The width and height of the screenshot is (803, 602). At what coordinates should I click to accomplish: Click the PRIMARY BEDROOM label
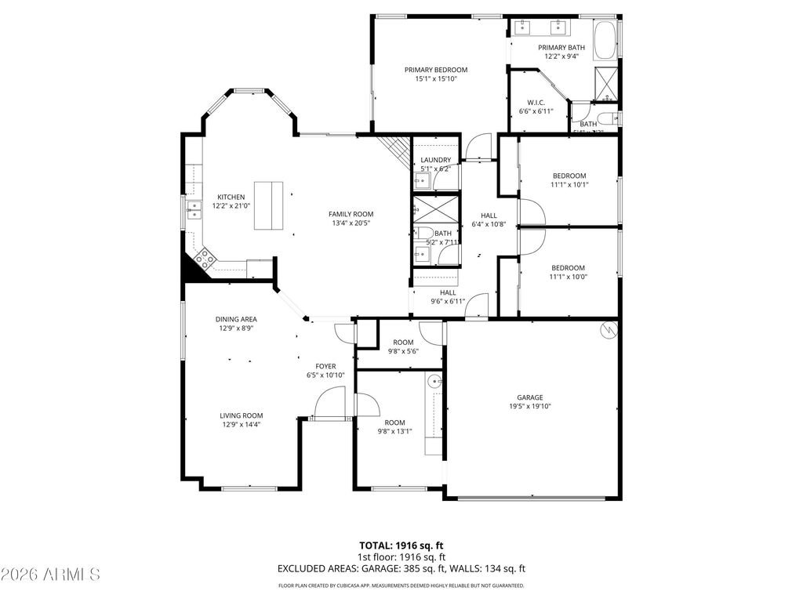435,70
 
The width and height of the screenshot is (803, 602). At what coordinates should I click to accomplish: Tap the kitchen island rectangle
268,205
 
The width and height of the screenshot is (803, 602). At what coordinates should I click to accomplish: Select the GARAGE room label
529,397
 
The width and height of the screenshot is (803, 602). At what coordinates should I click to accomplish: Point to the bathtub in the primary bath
605,41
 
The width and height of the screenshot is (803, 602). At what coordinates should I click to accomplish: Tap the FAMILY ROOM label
351,214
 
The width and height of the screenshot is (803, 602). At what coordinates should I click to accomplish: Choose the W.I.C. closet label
536,103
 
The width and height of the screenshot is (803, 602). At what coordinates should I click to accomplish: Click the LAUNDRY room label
435,160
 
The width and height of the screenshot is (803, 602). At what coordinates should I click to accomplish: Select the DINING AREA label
236,319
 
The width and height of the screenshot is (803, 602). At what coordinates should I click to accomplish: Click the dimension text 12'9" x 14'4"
241,425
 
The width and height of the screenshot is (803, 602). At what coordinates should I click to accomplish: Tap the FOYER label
325,366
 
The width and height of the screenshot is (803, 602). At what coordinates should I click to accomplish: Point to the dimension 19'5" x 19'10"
529,406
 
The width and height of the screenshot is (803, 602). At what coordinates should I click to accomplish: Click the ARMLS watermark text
51,575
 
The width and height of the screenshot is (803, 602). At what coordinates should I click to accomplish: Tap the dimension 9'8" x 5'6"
402,351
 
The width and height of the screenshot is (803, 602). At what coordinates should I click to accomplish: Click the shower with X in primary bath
606,82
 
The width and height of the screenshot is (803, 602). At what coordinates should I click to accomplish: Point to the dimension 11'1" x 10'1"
569,185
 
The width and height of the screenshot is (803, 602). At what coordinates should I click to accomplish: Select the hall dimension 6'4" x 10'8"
489,224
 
